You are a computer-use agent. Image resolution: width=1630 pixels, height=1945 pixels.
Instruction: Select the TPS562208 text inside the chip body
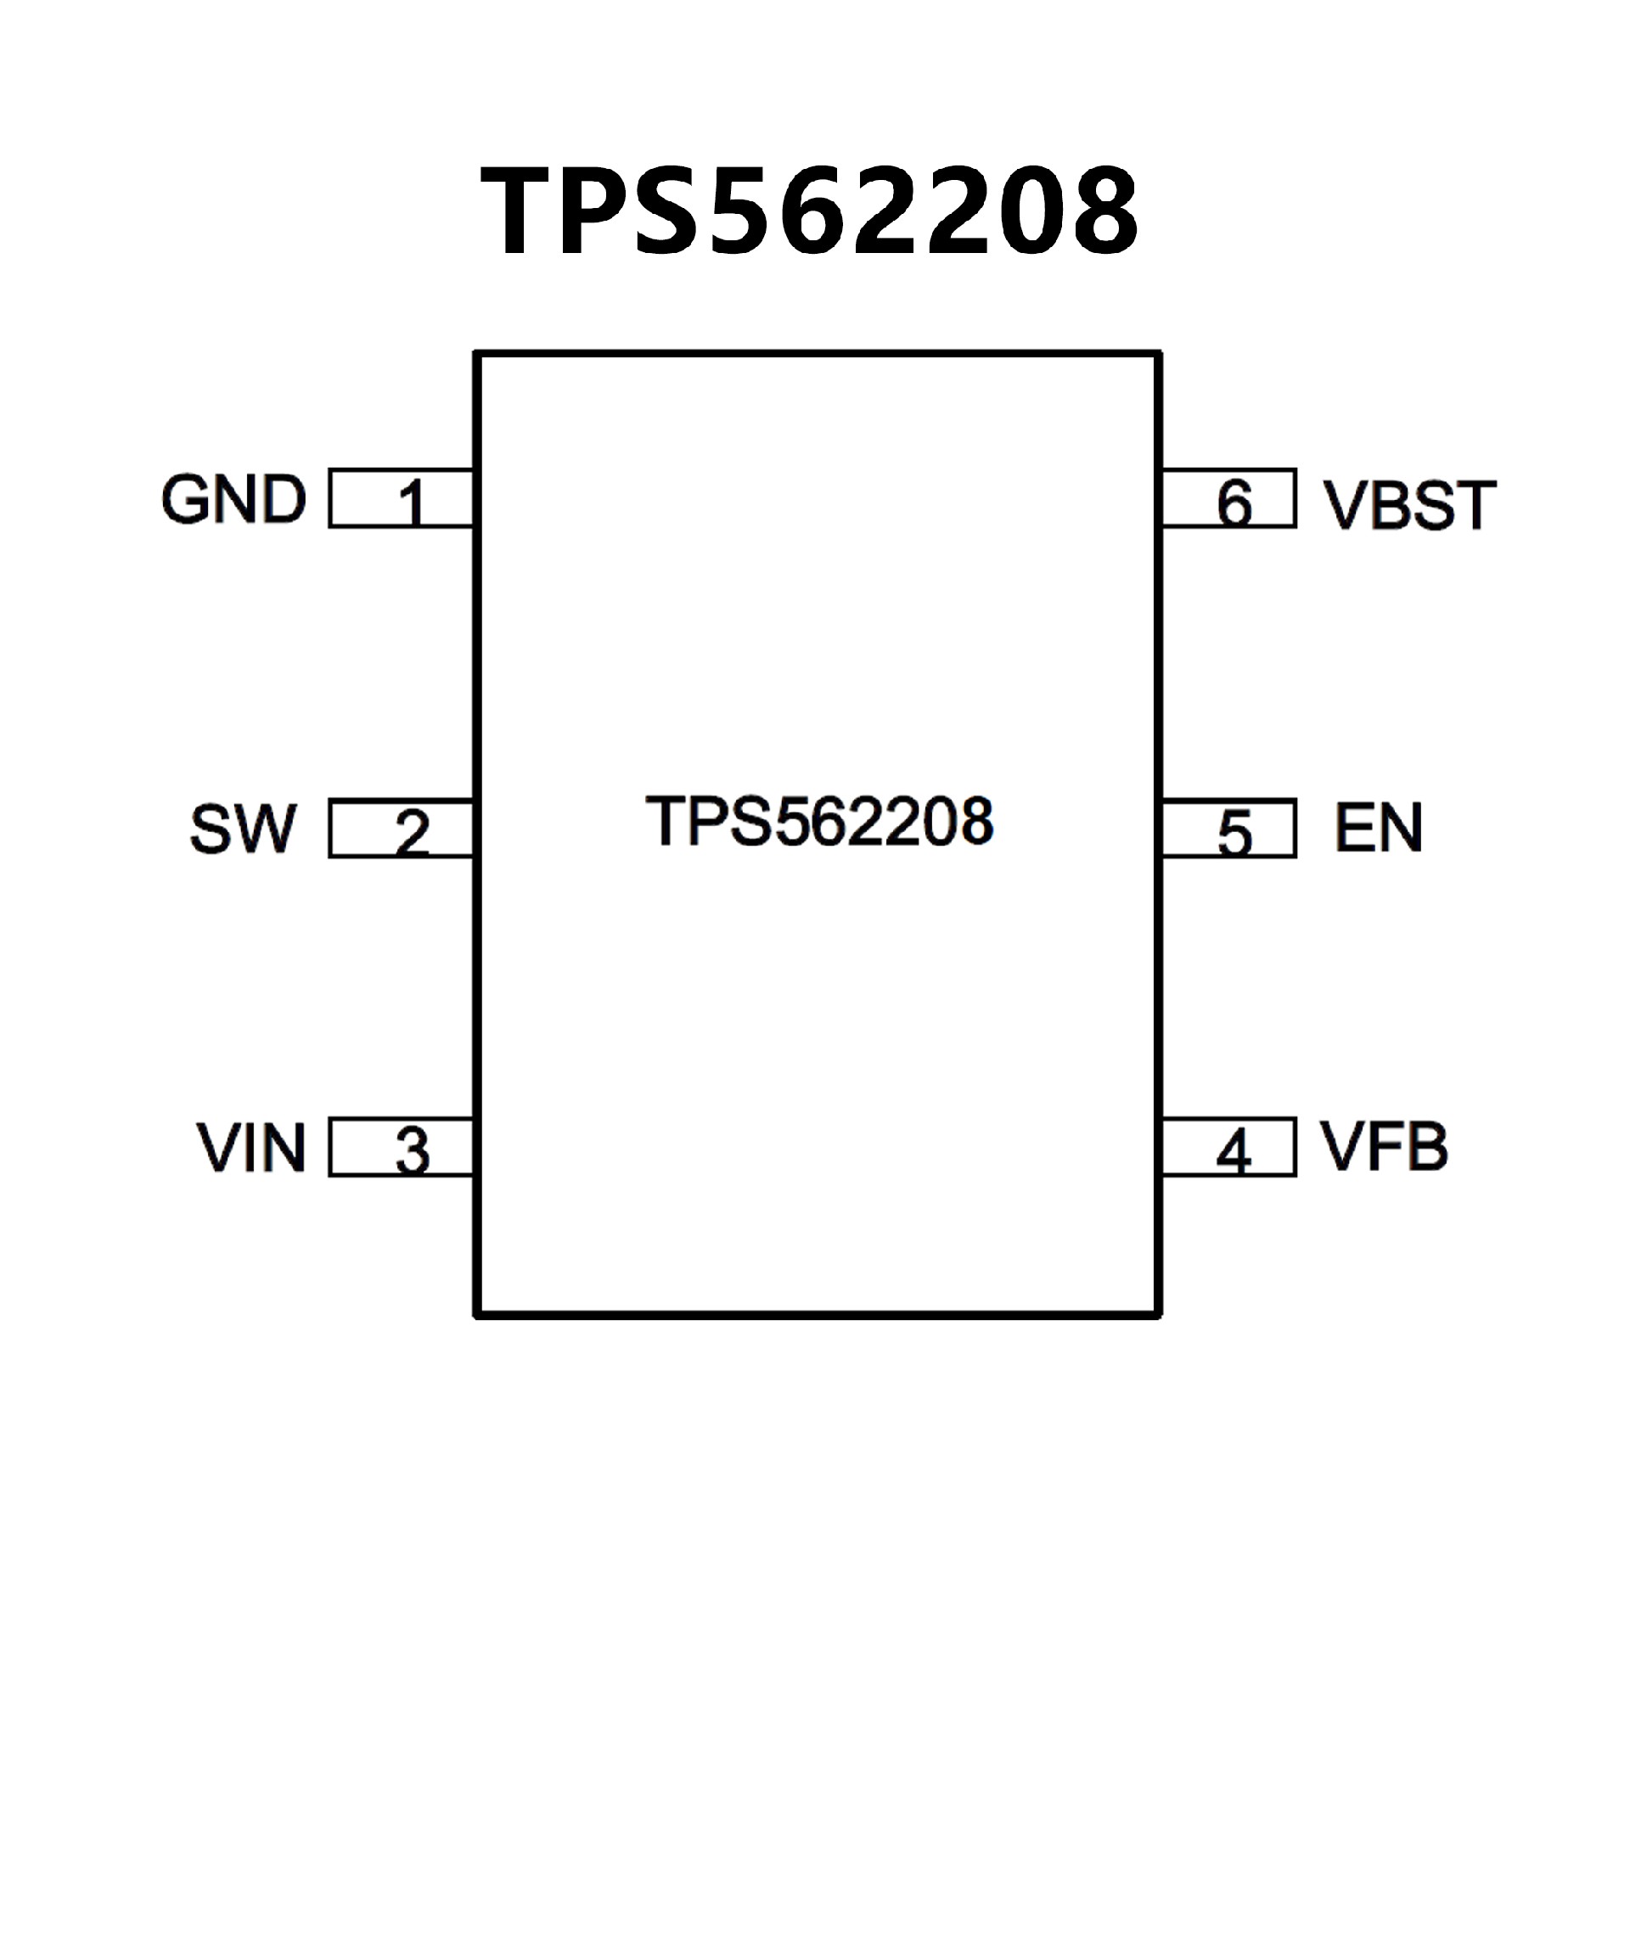click(x=818, y=821)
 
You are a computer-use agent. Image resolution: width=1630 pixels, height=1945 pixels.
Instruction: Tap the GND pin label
click(x=233, y=499)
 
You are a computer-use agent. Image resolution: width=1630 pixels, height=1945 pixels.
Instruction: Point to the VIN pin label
click(x=251, y=1148)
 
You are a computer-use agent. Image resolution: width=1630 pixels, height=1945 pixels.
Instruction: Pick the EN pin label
click(x=1378, y=827)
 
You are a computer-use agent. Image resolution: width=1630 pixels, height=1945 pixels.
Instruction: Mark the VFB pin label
click(x=1384, y=1147)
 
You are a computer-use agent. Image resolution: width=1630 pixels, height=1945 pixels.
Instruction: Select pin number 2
click(x=412, y=832)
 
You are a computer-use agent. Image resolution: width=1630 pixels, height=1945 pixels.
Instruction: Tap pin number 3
click(x=412, y=1151)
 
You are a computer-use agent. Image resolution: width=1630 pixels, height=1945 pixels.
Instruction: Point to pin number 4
click(x=1234, y=1152)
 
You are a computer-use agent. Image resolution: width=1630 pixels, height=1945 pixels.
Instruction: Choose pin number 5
click(x=1234, y=832)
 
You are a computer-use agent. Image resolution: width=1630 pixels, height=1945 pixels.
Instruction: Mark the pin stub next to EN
click(x=1274, y=828)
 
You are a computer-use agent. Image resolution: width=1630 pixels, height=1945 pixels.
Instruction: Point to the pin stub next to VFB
click(x=1274, y=1148)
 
